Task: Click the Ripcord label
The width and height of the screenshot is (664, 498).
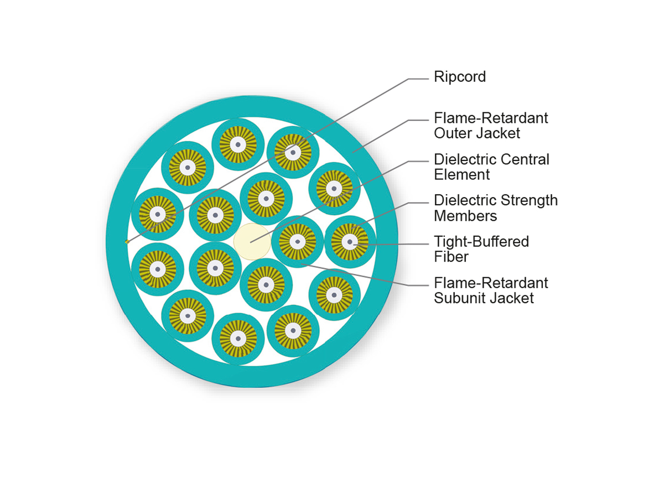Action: coord(459,77)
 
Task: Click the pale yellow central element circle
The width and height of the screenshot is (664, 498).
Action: coord(251,242)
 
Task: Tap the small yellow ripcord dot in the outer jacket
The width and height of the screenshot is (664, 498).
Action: coord(127,242)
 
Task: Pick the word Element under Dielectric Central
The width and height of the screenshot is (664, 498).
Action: coord(454,175)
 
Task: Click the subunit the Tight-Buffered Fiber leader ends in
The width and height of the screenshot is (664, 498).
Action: coord(350,242)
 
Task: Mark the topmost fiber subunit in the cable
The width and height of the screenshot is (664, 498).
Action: coord(238,144)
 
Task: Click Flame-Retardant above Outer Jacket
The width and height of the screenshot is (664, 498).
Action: coord(491,118)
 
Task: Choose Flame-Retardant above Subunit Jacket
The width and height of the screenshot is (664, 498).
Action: coord(491,283)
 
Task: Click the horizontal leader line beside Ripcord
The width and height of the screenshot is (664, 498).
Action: coord(419,79)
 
